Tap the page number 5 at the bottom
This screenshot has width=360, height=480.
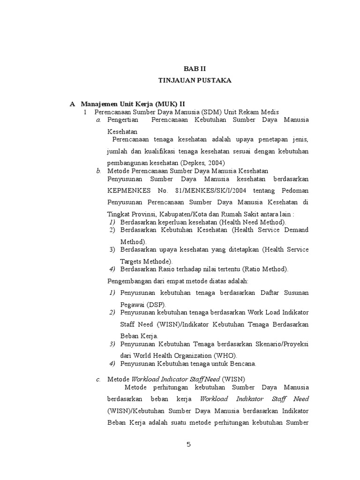point(189,445)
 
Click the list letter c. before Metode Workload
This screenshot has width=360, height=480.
point(98,379)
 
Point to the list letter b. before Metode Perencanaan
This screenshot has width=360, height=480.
point(98,171)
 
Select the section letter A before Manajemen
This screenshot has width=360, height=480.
point(72,103)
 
